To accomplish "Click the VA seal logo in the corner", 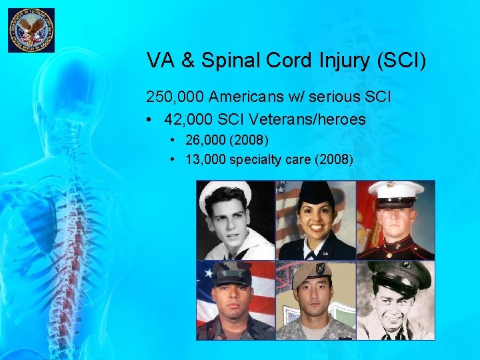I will (x=31, y=31).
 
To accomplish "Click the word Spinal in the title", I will (x=229, y=61).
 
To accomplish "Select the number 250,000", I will (x=175, y=97).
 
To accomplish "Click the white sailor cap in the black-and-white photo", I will (x=227, y=191).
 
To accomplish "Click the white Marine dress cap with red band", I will (x=395, y=191).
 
